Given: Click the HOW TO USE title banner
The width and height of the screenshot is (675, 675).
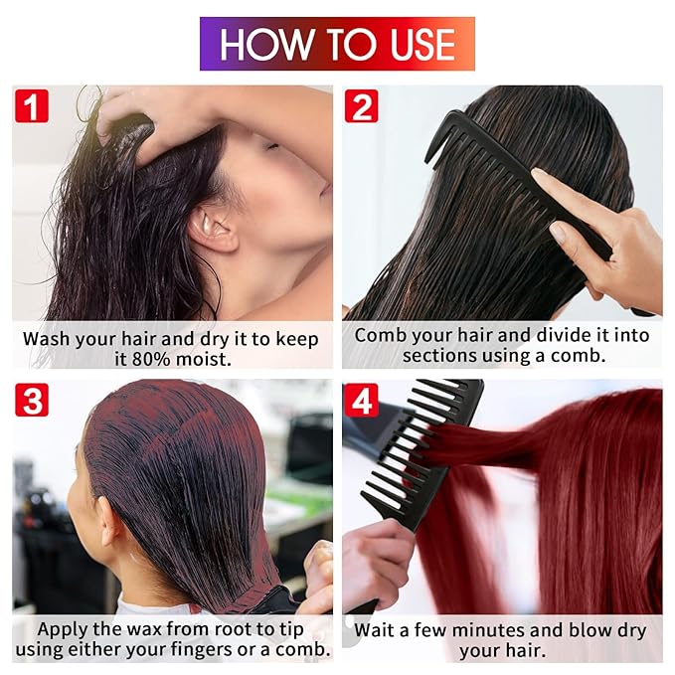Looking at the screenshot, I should tap(337, 44).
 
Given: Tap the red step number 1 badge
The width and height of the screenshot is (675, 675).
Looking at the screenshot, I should tap(31, 105).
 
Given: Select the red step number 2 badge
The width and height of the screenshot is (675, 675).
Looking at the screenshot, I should tap(361, 105).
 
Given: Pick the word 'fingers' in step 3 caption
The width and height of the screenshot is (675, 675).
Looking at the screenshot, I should tap(218, 651).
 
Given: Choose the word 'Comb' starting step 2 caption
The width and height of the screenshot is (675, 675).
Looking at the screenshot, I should tap(381, 335).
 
